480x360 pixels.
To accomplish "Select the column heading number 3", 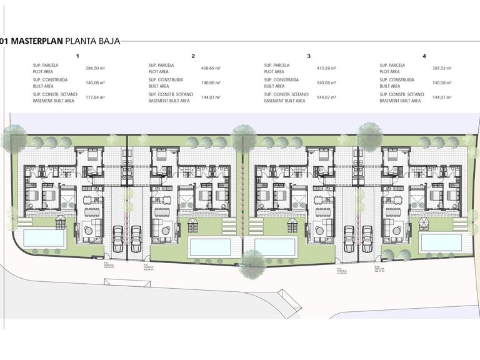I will click(309, 56).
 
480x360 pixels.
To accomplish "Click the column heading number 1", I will click(77, 56).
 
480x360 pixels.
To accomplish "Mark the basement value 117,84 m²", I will click(95, 97).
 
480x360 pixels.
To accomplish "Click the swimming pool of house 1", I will click(43, 238).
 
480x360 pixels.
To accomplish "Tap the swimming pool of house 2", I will click(210, 246).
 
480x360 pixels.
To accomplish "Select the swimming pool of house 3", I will click(274, 246).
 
